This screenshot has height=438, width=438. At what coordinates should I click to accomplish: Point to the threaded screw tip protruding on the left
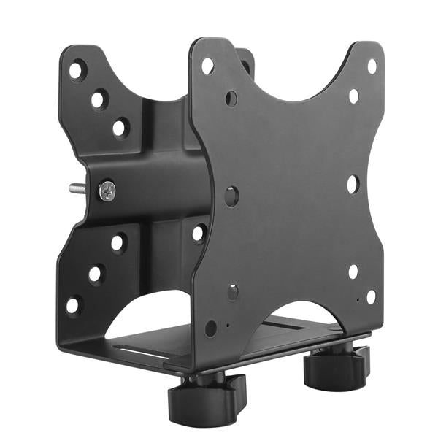[x=77, y=188]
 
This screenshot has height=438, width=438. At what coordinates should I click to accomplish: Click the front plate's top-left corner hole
[x=208, y=66]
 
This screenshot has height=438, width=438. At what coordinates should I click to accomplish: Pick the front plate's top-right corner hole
[x=372, y=66]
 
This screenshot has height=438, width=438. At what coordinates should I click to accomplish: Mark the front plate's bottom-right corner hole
[x=371, y=296]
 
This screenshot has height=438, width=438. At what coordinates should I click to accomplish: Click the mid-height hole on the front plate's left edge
[x=231, y=196]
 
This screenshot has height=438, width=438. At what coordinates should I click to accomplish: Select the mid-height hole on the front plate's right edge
[x=353, y=184]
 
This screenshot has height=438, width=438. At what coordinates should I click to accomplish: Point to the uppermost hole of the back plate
[x=75, y=71]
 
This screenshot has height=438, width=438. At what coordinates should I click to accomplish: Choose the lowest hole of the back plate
[x=74, y=304]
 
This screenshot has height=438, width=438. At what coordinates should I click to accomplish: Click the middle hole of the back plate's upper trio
[x=98, y=99]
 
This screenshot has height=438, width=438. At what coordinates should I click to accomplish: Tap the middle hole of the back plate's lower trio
[x=96, y=274]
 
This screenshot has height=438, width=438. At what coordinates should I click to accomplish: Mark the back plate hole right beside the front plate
[x=199, y=234]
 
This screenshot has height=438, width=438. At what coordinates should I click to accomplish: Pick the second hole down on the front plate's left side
[x=231, y=98]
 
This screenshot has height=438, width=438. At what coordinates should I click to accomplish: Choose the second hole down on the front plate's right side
[x=354, y=96]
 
